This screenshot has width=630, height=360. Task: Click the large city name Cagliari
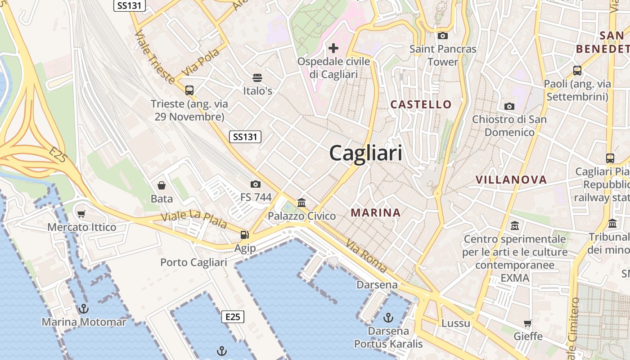(x=366, y=153)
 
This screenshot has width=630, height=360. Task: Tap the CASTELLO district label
(x=421, y=104)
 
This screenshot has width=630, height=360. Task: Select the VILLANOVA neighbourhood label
(x=511, y=180)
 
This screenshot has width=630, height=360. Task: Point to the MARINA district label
(x=376, y=213)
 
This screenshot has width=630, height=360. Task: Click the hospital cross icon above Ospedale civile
(x=333, y=48)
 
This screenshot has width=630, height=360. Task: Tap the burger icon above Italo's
(x=257, y=77)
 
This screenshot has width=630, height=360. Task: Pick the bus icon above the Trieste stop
(x=189, y=90)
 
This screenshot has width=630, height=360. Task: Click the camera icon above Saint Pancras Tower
(x=443, y=36)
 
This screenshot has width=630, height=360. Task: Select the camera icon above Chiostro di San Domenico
(x=509, y=106)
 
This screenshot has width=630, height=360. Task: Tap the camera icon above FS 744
(x=256, y=184)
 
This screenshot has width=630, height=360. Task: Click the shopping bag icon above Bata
(x=162, y=185)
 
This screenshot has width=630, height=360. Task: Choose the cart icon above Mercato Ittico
(x=81, y=214)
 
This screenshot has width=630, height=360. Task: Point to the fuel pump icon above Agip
(x=244, y=234)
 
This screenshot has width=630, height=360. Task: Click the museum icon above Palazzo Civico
(x=301, y=202)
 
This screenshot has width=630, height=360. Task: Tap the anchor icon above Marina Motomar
(x=83, y=309)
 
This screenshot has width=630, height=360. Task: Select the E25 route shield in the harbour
(x=233, y=317)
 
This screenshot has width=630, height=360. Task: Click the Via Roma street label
(x=366, y=256)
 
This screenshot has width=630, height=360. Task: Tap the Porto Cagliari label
(x=193, y=262)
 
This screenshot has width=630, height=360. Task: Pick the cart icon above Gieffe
(x=528, y=323)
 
